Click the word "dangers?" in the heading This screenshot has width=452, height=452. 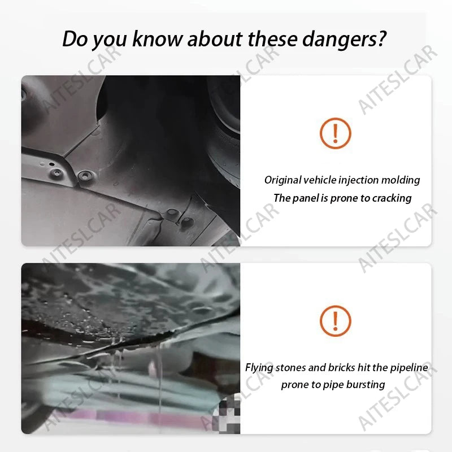(344, 40)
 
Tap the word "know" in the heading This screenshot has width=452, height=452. (158, 38)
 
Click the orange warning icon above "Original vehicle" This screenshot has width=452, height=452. (335, 133)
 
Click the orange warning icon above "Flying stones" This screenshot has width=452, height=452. (335, 321)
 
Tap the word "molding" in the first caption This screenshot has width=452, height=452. (401, 180)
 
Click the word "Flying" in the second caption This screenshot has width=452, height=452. (259, 368)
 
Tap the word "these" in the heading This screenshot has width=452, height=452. (272, 38)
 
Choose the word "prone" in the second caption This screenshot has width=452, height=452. (294, 385)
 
